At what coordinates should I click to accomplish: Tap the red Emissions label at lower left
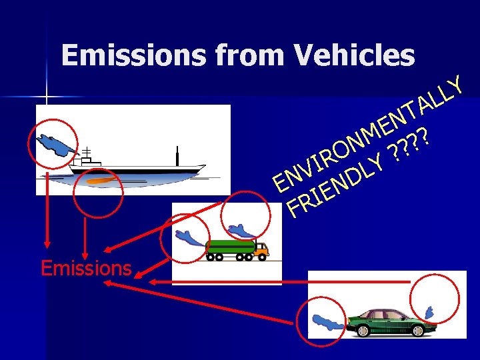pos(86,268)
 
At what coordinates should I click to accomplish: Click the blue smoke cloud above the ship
pos(53,145)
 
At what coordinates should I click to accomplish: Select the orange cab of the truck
pos(261,249)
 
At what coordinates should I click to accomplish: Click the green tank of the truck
pos(231,245)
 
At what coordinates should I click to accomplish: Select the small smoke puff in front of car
pos(430,312)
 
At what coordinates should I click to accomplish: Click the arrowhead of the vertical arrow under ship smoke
pos(47,241)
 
